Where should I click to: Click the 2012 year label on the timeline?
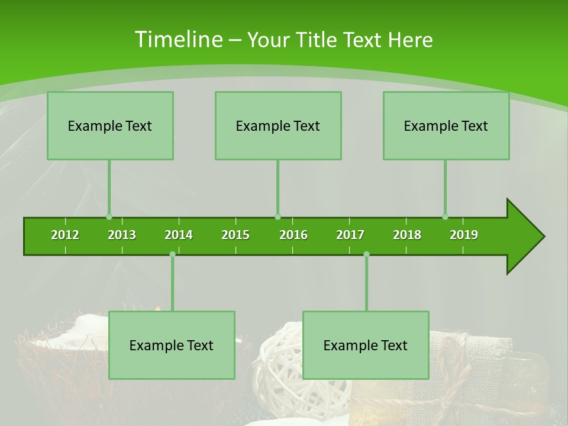click(65, 235)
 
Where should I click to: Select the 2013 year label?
click(122, 235)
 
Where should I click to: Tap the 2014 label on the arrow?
click(179, 235)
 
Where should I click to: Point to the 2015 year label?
click(235, 235)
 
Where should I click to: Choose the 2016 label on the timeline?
click(293, 235)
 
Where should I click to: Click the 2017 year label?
click(350, 235)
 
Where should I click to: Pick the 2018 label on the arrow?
click(407, 235)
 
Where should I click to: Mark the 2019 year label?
click(464, 235)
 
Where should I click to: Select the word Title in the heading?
click(318, 40)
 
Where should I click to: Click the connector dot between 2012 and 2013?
click(109, 217)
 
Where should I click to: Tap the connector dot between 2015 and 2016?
click(277, 217)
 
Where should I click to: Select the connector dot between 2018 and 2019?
click(445, 217)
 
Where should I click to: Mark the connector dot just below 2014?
click(172, 254)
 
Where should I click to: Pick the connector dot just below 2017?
click(366, 254)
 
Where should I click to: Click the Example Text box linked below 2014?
click(172, 345)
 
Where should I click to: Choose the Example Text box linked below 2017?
click(366, 345)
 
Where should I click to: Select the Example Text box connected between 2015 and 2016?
click(278, 125)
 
